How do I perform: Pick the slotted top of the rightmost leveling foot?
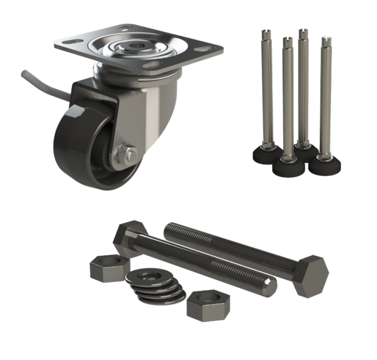325,41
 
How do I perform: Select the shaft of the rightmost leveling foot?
325,102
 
